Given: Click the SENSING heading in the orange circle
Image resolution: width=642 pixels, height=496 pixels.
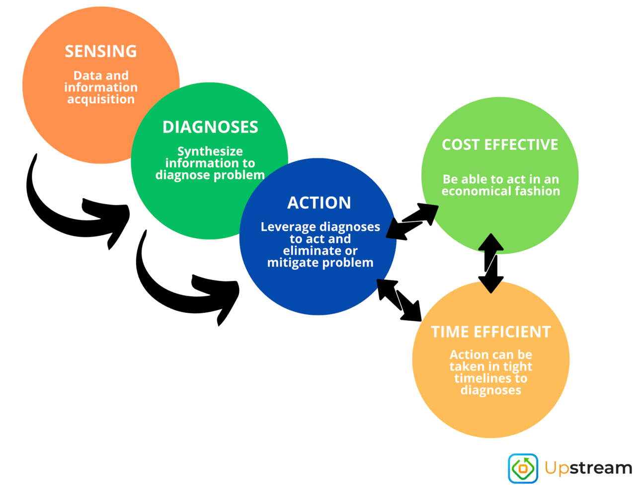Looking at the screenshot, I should [101, 51].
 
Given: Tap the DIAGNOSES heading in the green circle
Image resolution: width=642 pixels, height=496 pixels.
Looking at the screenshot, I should [210, 127].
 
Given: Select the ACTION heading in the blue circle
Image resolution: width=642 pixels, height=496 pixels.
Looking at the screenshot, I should [319, 203].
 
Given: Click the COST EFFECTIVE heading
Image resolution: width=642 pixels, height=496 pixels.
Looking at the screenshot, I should [500, 144].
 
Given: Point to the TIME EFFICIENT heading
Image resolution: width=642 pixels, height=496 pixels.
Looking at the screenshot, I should [490, 332].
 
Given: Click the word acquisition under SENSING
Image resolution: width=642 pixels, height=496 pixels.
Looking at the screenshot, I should [101, 99].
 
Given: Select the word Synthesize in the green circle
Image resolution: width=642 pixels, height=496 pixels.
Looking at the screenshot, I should [210, 151].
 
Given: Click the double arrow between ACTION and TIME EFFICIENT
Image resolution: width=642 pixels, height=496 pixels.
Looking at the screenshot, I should [399, 299].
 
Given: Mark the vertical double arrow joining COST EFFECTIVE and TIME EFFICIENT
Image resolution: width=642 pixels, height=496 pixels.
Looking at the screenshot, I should [490, 263].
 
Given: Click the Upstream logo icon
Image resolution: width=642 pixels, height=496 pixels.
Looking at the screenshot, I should [523, 468].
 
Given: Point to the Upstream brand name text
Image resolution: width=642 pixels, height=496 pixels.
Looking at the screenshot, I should [588, 468].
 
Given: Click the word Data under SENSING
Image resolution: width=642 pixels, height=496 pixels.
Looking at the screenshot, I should [87, 75].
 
